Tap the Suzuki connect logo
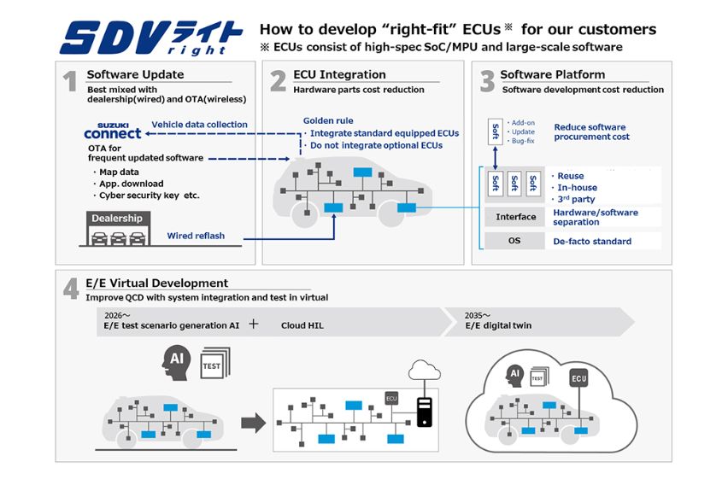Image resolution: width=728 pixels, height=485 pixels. (113, 131)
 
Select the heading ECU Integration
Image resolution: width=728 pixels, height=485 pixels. (339, 75)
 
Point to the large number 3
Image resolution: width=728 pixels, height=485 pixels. (487, 81)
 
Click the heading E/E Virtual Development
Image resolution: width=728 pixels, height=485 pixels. (157, 283)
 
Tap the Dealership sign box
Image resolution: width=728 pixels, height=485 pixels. (117, 219)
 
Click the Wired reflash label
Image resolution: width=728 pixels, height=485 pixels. (196, 236)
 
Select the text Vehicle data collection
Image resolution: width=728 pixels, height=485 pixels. (199, 125)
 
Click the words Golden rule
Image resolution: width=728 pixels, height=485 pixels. (328, 121)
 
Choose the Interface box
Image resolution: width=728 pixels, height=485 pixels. (515, 217)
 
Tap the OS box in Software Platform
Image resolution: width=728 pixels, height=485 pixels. (515, 241)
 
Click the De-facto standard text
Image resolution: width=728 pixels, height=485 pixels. (592, 242)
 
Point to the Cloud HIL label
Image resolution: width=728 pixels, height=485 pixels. (302, 325)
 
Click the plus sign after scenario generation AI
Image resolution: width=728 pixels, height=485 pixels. (253, 324)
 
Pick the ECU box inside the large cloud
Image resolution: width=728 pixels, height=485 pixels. (579, 379)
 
